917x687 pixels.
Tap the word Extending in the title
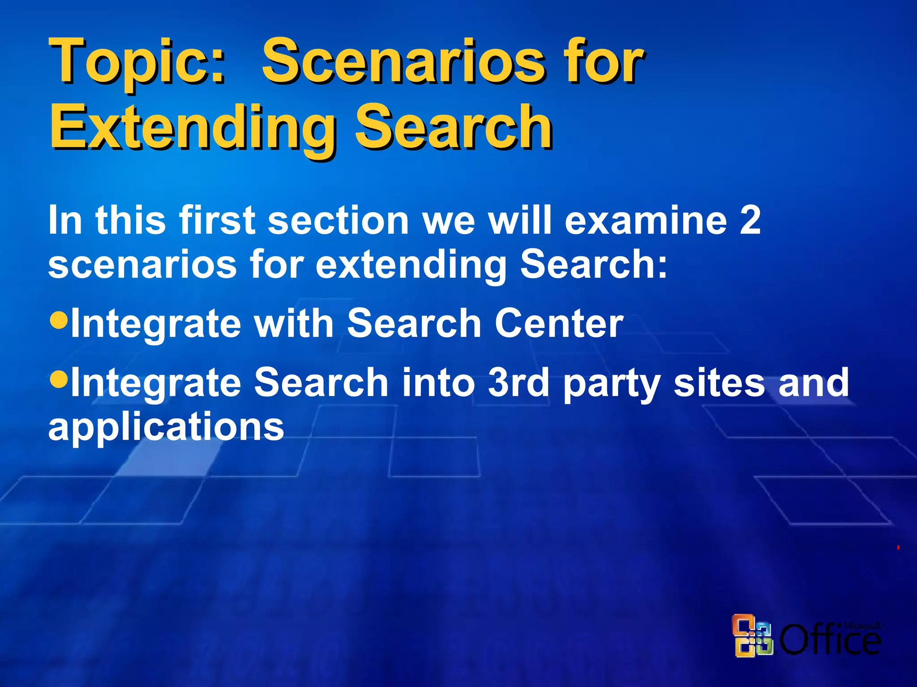pyautogui.click(x=193, y=127)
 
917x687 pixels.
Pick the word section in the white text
pyautogui.click(x=338, y=220)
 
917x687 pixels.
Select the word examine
pyautogui.click(x=645, y=220)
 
